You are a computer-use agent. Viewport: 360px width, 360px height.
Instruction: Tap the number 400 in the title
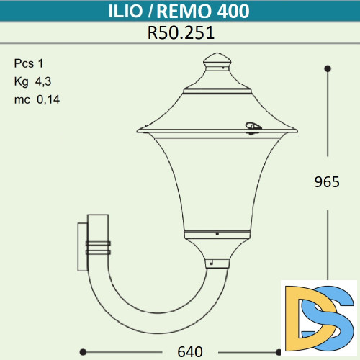[235, 12]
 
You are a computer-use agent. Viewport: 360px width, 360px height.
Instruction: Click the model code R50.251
[181, 32]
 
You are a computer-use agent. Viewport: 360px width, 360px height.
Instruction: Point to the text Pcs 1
[29, 63]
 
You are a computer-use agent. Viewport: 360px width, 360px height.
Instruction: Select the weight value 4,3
[43, 81]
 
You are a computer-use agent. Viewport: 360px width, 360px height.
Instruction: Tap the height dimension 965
[327, 182]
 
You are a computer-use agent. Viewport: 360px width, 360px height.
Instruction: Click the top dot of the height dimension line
[328, 68]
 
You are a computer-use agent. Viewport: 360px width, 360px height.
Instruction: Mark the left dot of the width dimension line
[83, 352]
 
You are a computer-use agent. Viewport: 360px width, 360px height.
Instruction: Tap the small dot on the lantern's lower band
[217, 234]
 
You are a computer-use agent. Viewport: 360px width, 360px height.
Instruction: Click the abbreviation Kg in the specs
[21, 81]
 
